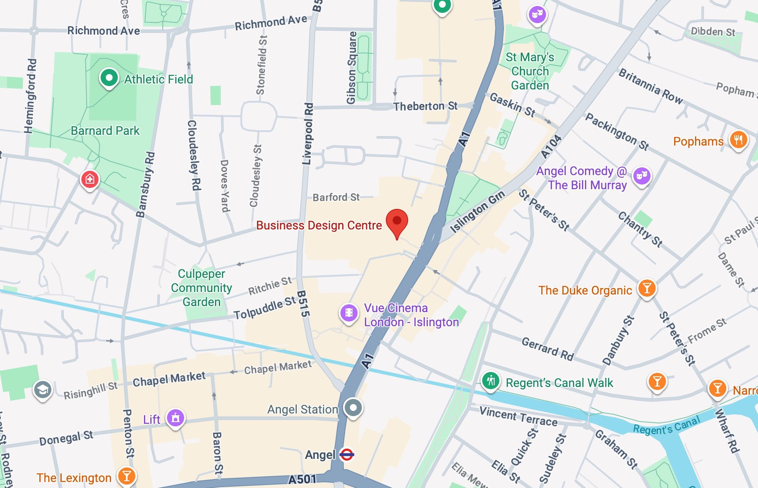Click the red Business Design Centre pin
397,221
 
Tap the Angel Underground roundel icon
346,454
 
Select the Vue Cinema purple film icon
349,312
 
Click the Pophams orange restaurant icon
738,139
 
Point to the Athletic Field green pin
109,78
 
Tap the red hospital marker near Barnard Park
90,179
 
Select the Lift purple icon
176,417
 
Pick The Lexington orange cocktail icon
126,475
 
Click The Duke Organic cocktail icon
647,288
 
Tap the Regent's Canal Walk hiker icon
491,380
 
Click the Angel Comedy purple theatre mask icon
642,175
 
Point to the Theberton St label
425,106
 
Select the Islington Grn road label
477,211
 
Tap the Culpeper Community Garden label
201,288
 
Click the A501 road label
302,479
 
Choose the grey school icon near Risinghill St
43,390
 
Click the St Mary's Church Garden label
530,71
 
